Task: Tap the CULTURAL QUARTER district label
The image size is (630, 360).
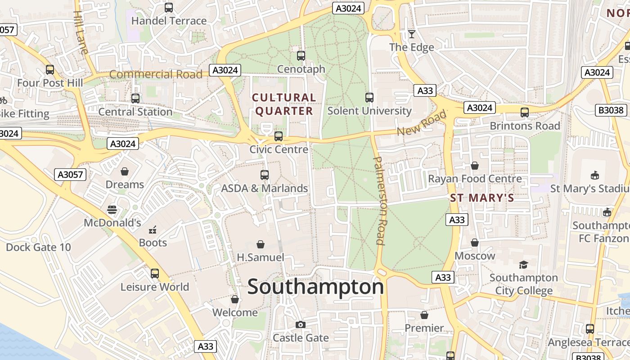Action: click(284, 104)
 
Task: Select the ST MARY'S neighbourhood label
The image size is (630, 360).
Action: click(482, 198)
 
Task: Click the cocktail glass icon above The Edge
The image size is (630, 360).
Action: click(411, 34)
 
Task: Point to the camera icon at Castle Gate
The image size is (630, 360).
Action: click(300, 324)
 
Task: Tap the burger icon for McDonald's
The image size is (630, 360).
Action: click(112, 209)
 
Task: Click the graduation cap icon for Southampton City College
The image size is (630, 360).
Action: click(523, 265)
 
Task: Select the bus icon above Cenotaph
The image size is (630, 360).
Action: click(301, 56)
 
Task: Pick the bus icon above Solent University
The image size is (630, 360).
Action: click(369, 97)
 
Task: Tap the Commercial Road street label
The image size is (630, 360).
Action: click(156, 74)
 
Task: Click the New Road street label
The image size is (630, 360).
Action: click(422, 122)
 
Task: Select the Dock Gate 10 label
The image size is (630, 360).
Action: click(38, 247)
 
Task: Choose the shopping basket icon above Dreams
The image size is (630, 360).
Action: click(125, 171)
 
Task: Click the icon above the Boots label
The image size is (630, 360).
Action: click(153, 230)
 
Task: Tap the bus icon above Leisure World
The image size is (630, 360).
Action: click(155, 273)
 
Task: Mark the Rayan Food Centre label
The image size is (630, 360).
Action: click(475, 179)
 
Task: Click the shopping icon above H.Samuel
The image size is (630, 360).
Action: click(260, 244)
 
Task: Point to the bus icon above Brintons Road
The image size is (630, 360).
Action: click(525, 112)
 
